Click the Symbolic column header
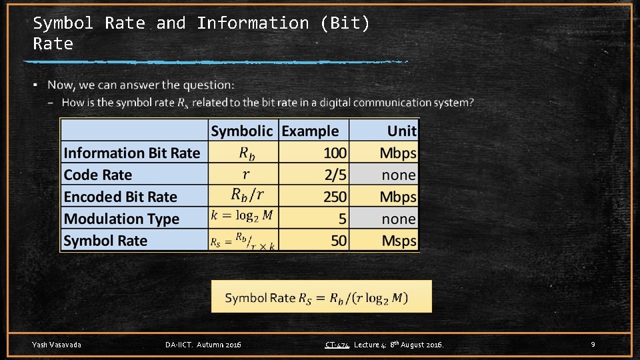242,131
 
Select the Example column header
310,131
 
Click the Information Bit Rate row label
132,153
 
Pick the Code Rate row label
98,175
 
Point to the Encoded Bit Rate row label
121,197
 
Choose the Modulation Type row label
121,219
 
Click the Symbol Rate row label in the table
105,241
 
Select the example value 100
335,153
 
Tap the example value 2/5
335,175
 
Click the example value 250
335,197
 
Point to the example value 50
339,241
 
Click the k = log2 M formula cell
242,216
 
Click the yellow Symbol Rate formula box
321,297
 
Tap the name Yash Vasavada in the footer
57,345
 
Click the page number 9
593,345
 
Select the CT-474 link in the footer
337,345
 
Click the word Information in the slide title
253,23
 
